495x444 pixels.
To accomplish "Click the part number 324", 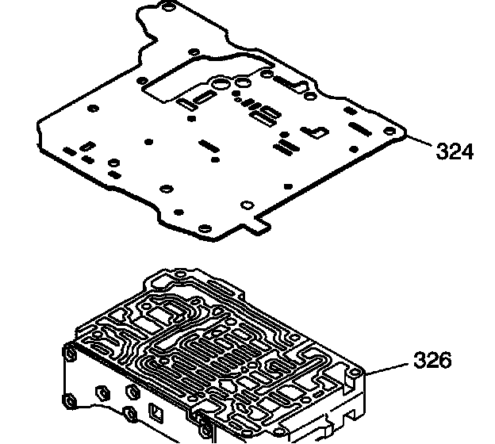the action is pos(455,151).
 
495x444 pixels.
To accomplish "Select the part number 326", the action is pos(432,362).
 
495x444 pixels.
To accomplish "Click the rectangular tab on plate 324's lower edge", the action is pos(257,226).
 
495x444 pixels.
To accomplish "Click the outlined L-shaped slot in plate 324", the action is pos(318,130).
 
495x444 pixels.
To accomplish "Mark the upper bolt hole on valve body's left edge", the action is pos(70,354).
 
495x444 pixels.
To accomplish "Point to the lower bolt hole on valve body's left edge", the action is pos(70,401).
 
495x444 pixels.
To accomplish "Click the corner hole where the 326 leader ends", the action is pos(359,373).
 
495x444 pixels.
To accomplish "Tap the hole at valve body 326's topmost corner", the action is pos(181,275).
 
